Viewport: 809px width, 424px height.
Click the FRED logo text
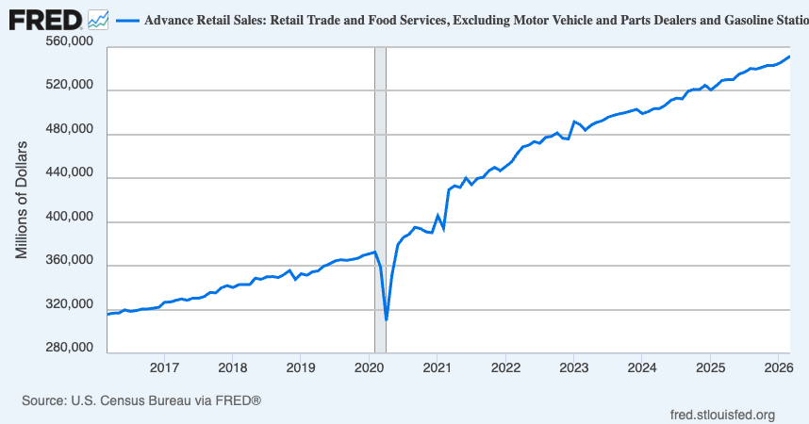44,18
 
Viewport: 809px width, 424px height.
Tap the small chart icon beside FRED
97,18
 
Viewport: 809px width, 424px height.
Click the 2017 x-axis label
165,367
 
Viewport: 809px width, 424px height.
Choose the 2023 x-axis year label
573,367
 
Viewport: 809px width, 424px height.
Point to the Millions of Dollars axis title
23,198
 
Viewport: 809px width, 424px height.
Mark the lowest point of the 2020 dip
387,320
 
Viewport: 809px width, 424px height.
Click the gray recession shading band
381,188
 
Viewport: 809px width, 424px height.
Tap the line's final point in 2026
789,57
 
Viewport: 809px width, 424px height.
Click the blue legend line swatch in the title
126,19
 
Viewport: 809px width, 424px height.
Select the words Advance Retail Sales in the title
193,19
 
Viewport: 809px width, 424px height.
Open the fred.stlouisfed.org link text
721,415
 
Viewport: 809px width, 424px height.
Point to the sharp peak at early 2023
575,122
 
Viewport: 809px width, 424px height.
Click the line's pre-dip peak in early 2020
375,252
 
